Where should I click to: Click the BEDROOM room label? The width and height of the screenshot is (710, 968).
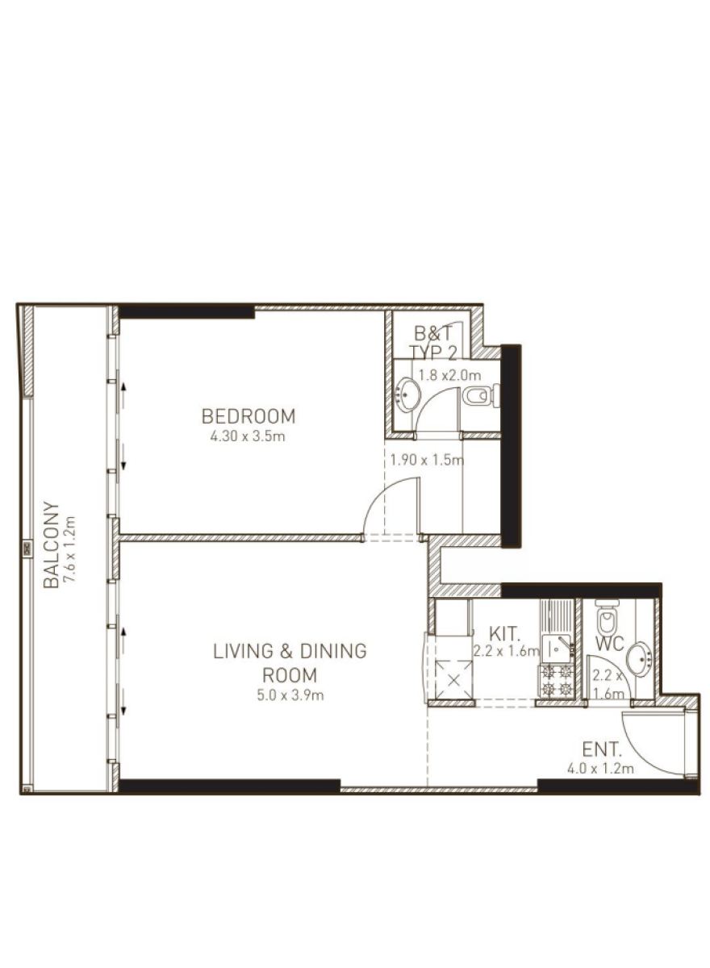(248, 416)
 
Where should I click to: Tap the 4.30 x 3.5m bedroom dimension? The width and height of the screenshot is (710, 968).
(248, 436)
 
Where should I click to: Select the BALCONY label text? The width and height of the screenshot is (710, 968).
(51, 544)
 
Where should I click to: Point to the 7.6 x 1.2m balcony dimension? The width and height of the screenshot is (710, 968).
(69, 549)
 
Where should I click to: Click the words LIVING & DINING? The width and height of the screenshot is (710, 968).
(290, 651)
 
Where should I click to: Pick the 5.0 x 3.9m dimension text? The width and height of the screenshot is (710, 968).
(290, 695)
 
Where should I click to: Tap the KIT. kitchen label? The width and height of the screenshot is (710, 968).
(504, 634)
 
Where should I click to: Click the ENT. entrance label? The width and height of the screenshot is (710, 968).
(602, 749)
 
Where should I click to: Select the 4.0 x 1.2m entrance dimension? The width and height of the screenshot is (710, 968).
(600, 769)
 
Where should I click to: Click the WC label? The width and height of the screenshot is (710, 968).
(610, 644)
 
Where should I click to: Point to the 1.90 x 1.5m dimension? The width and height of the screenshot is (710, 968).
(427, 459)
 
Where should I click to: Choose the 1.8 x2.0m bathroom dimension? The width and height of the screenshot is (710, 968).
(449, 375)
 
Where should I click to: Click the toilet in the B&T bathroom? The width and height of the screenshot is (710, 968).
(481, 395)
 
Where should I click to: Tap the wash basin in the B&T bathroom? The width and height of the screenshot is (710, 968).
(407, 394)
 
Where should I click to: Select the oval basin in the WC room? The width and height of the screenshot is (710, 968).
(639, 660)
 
